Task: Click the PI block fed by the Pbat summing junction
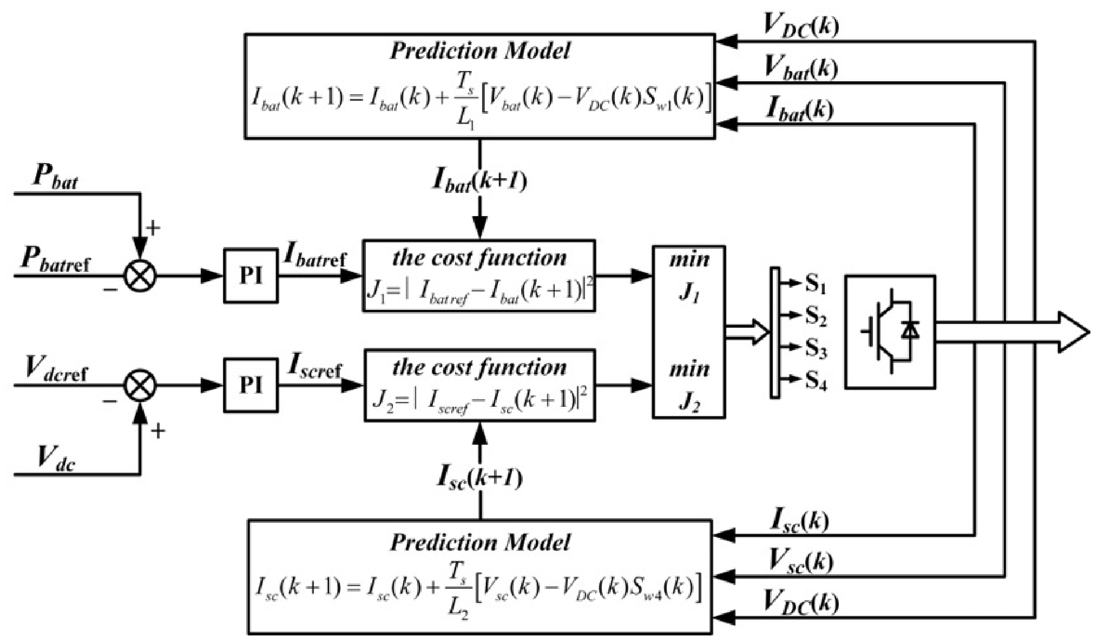point(251,275)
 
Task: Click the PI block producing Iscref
point(251,385)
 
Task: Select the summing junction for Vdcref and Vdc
point(140,386)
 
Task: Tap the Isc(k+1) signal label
point(479,478)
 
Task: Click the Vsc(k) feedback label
point(801,561)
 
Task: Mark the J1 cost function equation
point(479,292)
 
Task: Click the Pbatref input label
point(55,261)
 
